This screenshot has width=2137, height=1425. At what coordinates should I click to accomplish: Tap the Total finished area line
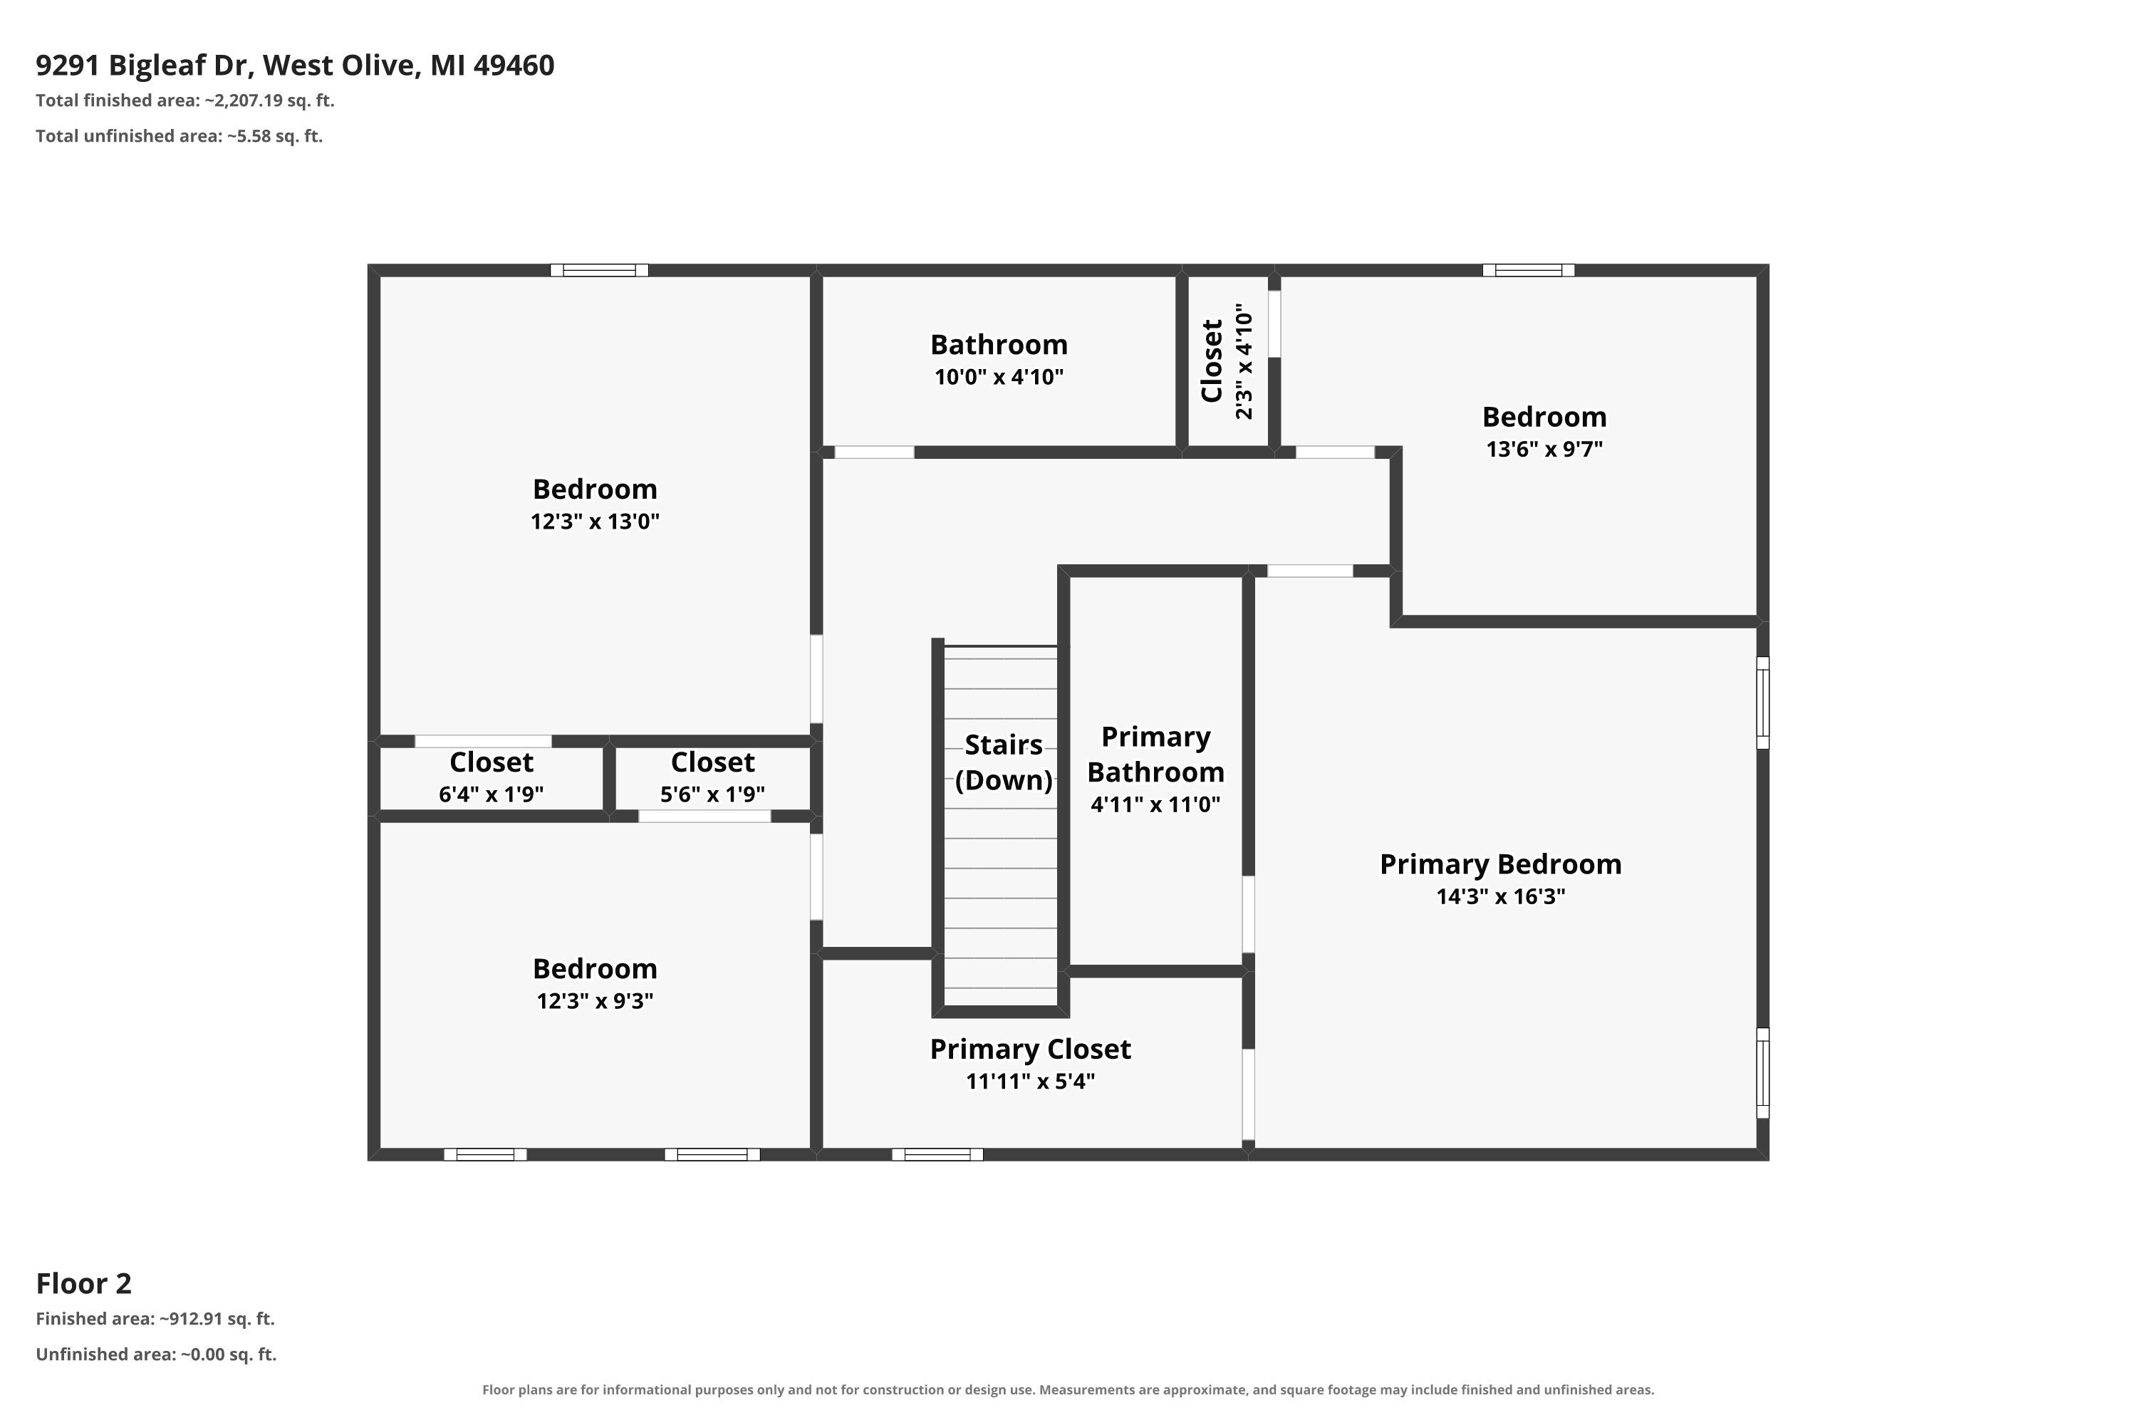click(x=185, y=101)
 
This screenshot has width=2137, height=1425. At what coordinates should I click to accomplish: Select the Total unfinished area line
click(x=179, y=136)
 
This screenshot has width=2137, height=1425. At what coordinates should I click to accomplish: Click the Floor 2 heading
click(x=83, y=1283)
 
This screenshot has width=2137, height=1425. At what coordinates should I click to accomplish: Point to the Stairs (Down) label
click(x=1003, y=762)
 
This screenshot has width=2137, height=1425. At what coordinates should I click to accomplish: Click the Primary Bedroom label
click(x=1500, y=864)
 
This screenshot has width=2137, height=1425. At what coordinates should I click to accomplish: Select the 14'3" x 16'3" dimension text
click(x=1500, y=897)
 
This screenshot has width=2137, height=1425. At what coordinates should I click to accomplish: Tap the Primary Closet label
click(x=1030, y=1050)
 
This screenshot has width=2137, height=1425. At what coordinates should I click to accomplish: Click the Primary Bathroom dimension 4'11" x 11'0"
click(x=1155, y=804)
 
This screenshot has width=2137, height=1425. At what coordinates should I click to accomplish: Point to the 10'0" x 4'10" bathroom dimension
click(x=999, y=377)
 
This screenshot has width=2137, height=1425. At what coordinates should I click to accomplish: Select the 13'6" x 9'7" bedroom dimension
click(x=1544, y=449)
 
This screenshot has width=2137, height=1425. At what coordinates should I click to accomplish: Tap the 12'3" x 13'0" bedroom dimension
click(x=594, y=522)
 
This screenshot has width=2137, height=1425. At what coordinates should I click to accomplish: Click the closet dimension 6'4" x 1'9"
click(x=491, y=794)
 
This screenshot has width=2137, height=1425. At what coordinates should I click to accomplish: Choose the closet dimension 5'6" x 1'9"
click(x=712, y=794)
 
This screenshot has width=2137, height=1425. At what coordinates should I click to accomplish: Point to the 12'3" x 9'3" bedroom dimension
click(x=594, y=1000)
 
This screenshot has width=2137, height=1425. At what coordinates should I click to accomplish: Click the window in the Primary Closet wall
click(x=937, y=1154)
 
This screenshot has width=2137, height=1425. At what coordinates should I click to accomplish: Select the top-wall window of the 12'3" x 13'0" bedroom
click(x=599, y=270)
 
